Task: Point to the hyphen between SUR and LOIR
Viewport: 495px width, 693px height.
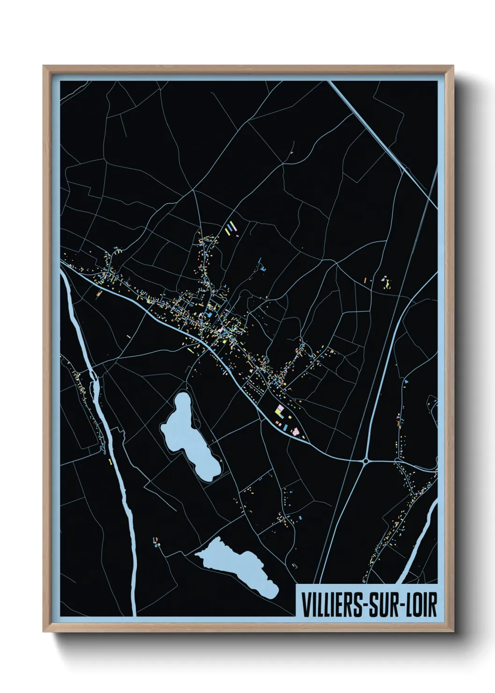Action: (400, 605)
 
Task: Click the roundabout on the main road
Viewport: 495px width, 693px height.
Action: (365, 461)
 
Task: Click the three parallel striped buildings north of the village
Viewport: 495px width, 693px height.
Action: (229, 229)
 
